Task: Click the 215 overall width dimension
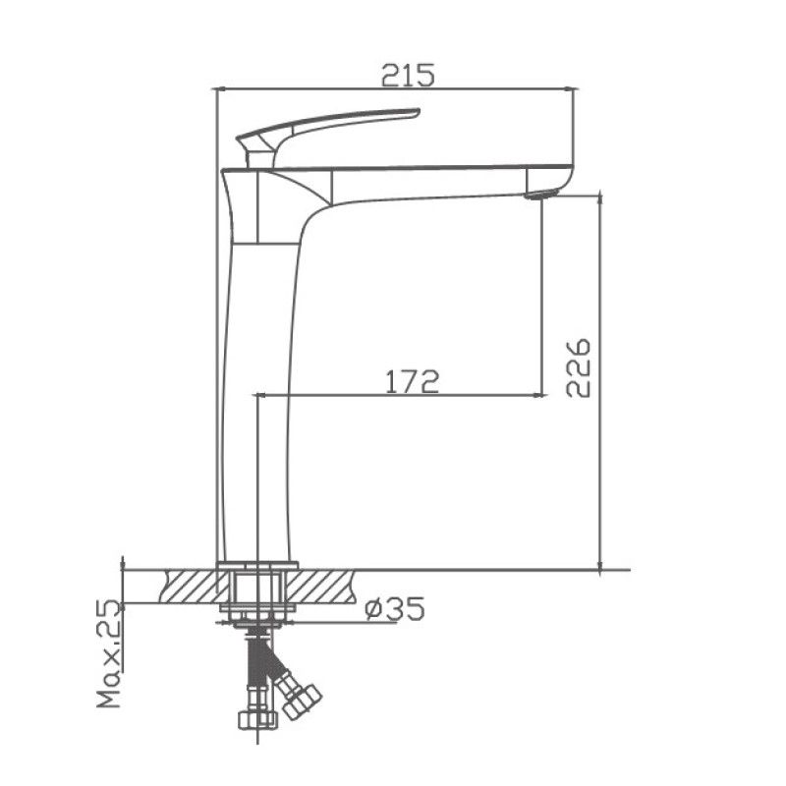coord(405,74)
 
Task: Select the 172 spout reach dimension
coord(412,381)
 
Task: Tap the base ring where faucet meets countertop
coord(257,565)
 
